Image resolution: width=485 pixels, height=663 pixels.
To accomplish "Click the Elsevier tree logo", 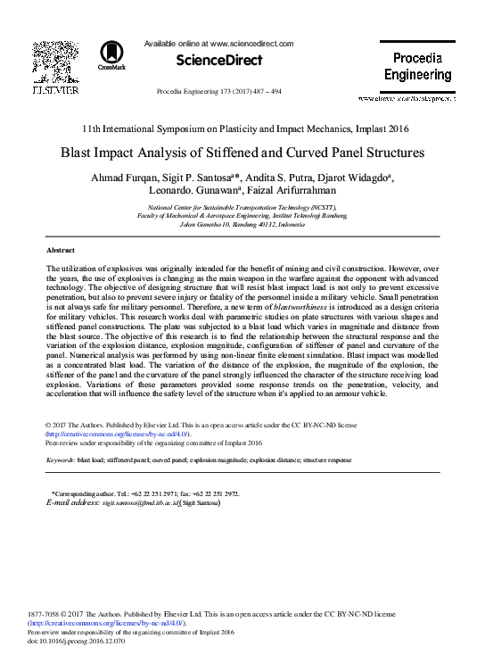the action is click(55, 62).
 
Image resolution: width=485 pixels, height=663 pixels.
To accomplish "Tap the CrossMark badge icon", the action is click(112, 54).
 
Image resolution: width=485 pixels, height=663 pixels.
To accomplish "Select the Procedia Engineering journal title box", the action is click(418, 67).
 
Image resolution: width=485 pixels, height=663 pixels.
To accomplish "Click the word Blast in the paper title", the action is click(80, 153).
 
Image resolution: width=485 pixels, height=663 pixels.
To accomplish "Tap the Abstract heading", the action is click(61, 251).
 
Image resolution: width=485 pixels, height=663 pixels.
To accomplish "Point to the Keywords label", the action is click(60, 460).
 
